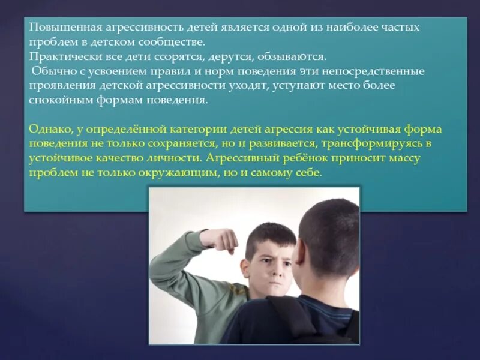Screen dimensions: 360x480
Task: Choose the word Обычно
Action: [x=51, y=71]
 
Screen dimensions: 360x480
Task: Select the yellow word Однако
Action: [x=49, y=129]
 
